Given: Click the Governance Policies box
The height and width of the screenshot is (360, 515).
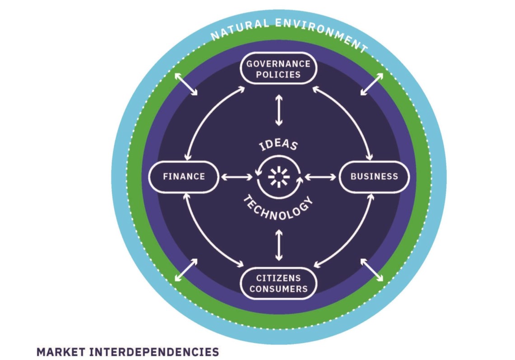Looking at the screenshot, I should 278,68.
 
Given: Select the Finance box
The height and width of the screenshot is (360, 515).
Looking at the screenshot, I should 183,176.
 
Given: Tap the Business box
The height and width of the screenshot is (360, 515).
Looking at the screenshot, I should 374,176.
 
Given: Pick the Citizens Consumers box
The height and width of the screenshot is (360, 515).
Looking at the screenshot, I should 278,283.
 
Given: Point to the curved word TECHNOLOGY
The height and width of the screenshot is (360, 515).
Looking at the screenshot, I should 278,208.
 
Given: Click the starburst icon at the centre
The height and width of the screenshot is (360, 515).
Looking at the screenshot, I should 279,177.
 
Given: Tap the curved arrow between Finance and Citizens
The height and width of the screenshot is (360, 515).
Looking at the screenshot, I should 203,235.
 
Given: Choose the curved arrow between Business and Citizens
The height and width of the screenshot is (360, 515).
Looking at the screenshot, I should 353,235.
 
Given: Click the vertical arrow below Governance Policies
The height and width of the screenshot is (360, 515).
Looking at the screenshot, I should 278,110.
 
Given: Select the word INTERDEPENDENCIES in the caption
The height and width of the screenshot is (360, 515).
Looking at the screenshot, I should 154,351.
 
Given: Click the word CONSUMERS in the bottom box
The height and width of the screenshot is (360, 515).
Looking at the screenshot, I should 278,289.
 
